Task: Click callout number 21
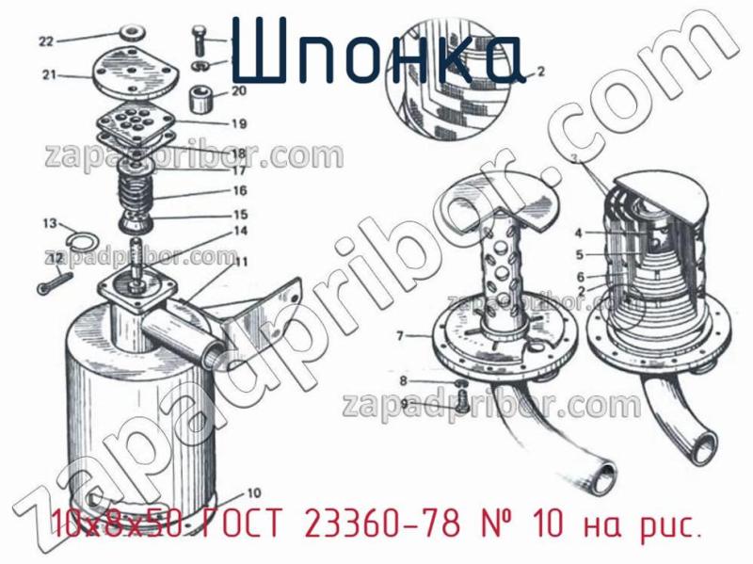pos(49,74)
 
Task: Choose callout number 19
pos(238,123)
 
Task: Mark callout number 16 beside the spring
pos(240,190)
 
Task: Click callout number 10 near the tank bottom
pos(253,491)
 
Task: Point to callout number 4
pos(580,233)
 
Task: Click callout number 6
pos(581,276)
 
